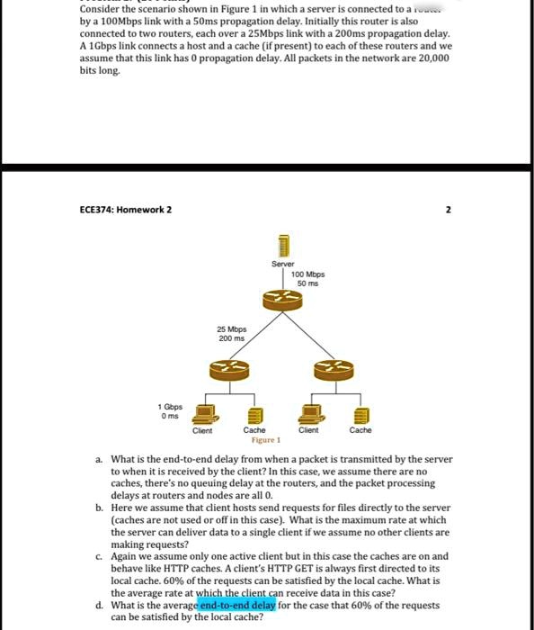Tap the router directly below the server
click(283, 301)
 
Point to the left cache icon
click(254, 416)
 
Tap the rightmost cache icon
click(360, 416)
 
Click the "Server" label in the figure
click(283, 264)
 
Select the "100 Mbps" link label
click(308, 274)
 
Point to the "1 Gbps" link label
click(168, 406)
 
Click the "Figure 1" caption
click(266, 440)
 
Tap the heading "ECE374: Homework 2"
click(126, 210)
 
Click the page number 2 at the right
click(447, 210)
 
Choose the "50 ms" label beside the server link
click(308, 283)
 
